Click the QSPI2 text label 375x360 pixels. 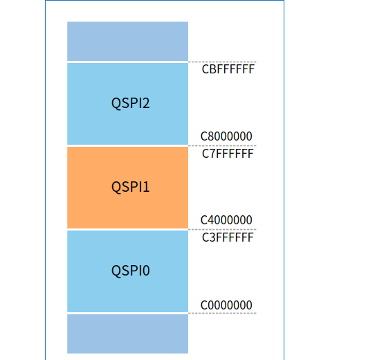click(131, 104)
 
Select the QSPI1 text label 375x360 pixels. click(131, 187)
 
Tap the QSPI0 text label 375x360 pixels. click(131, 271)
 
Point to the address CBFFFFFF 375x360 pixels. click(228, 70)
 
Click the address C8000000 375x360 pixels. click(226, 136)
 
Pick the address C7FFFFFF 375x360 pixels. click(228, 154)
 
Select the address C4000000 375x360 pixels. click(226, 220)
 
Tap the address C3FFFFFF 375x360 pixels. click(228, 237)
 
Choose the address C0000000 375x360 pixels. click(226, 305)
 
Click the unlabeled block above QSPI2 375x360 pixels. click(127, 41)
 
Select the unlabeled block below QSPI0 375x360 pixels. click(127, 334)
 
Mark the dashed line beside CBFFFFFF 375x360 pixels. click(221, 62)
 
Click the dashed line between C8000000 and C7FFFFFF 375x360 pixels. click(221, 145)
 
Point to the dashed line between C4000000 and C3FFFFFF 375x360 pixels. click(221, 229)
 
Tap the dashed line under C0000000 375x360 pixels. click(221, 313)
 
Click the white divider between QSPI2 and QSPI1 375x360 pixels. click(127, 145)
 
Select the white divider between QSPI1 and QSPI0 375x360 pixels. click(127, 229)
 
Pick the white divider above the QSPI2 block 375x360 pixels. click(127, 62)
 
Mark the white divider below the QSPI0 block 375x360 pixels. click(127, 313)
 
